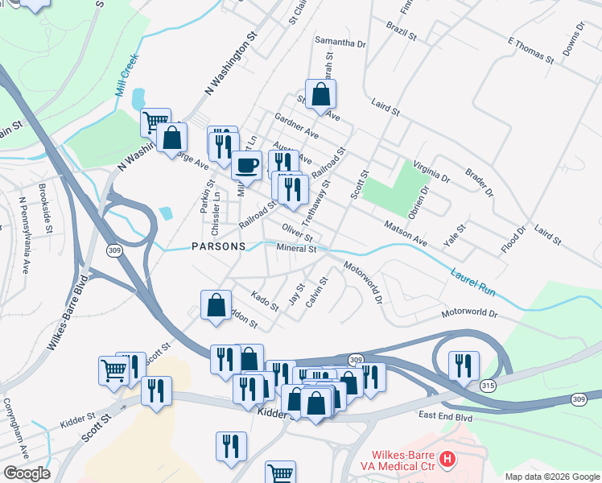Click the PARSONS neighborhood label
point(217,246)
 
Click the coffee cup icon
point(247,165)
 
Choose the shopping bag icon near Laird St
point(320,93)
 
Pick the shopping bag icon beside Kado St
point(216,306)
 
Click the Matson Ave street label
point(405,233)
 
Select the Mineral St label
point(297,249)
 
